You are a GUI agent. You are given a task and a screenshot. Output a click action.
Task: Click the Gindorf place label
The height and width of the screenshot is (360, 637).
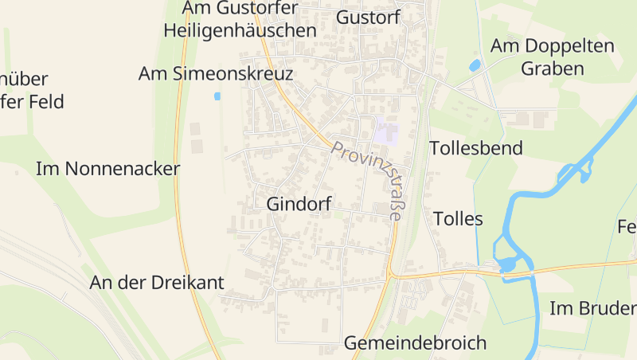299,203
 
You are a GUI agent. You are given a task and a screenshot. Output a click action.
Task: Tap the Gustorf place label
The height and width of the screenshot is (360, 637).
369,17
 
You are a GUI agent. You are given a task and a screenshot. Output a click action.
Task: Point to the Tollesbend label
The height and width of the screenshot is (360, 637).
476,148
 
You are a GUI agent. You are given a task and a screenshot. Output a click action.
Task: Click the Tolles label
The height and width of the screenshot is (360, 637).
458,218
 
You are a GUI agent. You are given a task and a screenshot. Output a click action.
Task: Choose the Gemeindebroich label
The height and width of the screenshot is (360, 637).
415,343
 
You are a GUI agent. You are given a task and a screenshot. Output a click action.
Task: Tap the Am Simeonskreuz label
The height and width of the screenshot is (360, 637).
216,74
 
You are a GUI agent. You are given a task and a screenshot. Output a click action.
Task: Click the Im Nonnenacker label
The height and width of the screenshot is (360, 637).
108,169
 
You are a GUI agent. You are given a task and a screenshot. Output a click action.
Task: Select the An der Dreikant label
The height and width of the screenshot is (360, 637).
157,283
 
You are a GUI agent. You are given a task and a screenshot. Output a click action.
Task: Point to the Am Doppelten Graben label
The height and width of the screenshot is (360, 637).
553,57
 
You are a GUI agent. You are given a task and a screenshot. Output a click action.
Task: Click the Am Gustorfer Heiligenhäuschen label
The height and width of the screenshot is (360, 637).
240,20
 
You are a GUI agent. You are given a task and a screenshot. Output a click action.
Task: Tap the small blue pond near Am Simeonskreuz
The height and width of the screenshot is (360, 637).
217,96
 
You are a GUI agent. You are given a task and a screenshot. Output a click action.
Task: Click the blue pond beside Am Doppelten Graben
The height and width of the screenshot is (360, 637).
475,65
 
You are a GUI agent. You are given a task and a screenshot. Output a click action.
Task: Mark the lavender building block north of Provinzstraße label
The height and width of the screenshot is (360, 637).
386,131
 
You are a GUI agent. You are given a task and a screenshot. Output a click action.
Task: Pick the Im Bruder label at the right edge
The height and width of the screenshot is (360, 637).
593,309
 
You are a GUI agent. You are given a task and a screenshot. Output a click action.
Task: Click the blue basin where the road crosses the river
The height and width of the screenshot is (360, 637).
506,264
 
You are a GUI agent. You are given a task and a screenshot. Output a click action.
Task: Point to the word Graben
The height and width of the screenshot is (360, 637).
553,68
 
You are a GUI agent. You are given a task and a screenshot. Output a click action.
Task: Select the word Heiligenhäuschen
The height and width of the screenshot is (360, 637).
240,31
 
